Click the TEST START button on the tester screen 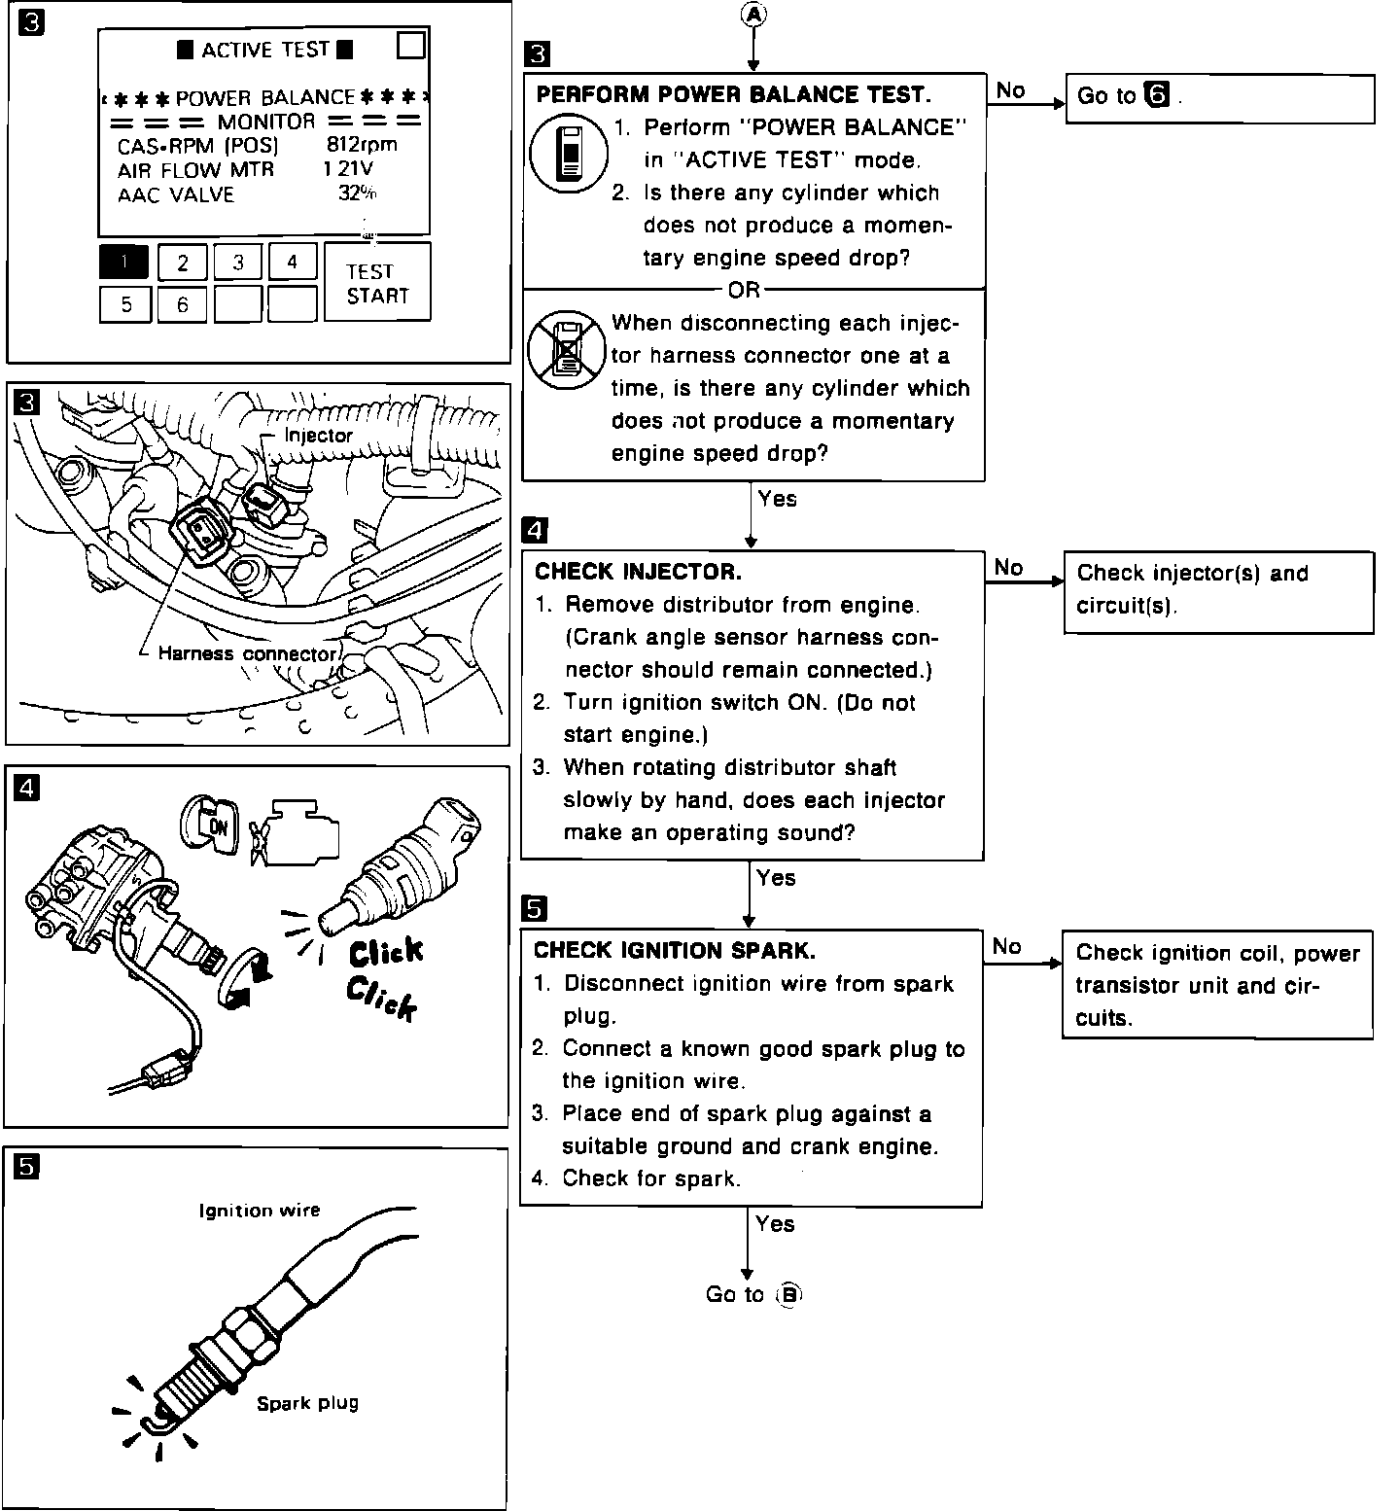tap(377, 283)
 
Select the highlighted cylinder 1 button tap(124, 262)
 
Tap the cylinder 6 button tap(183, 304)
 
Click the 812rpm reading tap(362, 145)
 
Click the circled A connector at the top tap(752, 14)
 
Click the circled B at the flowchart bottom tap(789, 1295)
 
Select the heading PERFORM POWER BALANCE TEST tap(733, 94)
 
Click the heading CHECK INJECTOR tap(638, 571)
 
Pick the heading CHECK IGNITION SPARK tap(675, 950)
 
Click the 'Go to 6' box tap(1219, 97)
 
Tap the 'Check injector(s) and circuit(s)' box tap(1218, 590)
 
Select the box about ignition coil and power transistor tap(1216, 985)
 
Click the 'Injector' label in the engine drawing tap(318, 436)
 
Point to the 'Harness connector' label tap(246, 653)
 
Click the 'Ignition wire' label tap(259, 1211)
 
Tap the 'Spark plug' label tap(307, 1403)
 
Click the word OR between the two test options tap(744, 290)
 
